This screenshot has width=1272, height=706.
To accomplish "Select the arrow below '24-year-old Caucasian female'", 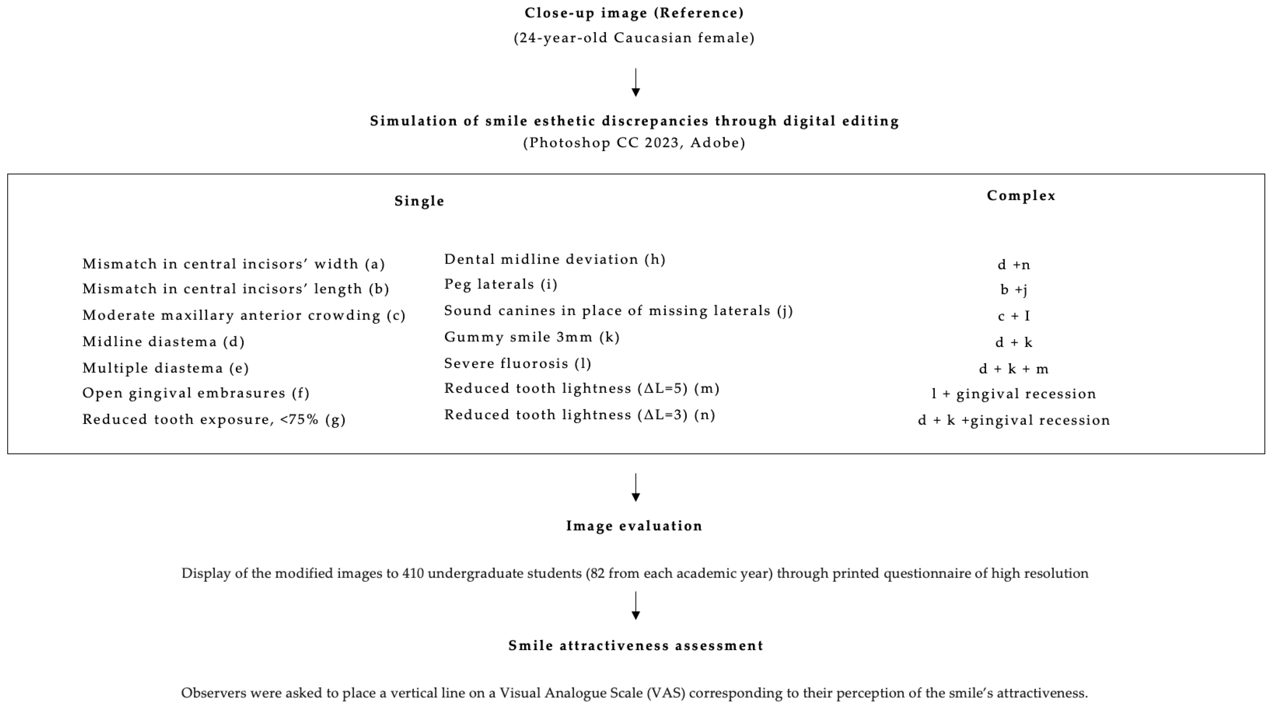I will tap(636, 83).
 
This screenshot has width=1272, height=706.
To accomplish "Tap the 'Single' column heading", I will tap(419, 201).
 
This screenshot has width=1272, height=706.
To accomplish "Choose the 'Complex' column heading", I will tap(1021, 196).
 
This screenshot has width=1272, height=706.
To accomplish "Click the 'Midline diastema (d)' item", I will tap(164, 342).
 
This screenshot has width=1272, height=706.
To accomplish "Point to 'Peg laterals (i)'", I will tap(501, 285).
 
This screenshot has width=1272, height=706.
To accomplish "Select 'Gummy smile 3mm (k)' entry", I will tap(532, 337).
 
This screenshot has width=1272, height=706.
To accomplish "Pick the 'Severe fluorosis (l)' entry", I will tap(517, 364).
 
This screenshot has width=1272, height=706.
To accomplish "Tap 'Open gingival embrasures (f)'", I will tap(195, 393).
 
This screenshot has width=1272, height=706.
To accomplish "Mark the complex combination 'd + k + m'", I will tap(1014, 369).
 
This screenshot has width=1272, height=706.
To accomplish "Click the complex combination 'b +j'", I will tap(1014, 290).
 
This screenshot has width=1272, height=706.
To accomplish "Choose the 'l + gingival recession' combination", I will tap(1014, 394).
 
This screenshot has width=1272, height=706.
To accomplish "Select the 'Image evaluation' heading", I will tap(634, 526).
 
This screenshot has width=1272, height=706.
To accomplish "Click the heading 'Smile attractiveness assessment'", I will tap(636, 646).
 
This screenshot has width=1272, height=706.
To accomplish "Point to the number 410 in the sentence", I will tap(413, 574).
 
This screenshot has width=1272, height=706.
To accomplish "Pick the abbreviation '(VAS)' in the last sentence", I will tap(665, 693).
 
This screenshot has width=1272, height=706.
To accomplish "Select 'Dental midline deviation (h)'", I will tap(554, 260).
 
